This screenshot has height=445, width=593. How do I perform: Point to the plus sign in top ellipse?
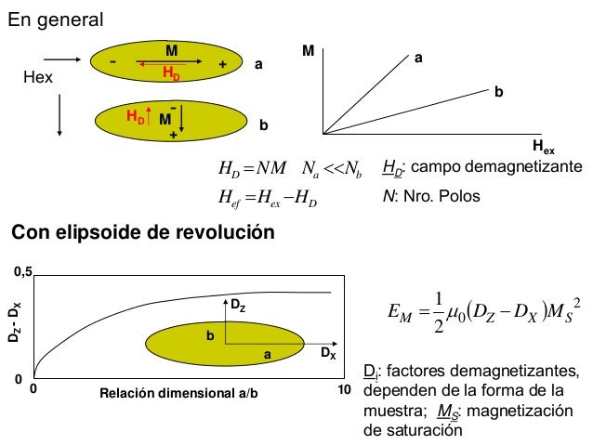[222, 65]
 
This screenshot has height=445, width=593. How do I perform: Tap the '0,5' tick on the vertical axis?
[21, 272]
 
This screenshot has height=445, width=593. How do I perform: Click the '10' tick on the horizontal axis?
[344, 391]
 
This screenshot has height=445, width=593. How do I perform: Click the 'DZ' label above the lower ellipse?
[237, 305]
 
